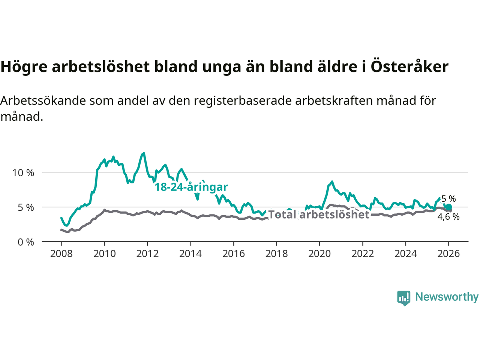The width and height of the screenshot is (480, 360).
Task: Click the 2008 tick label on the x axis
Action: point(61,254)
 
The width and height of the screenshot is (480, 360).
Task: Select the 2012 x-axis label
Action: point(147,254)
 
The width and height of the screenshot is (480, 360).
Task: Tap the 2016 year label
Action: point(233,254)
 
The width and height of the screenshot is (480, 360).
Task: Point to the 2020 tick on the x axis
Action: point(319,254)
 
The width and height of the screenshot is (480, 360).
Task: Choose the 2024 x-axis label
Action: point(405,254)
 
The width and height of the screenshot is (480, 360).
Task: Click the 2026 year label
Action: point(448,254)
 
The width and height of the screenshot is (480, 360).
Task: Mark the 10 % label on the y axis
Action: point(23,173)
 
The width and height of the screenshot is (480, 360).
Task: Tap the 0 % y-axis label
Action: point(26,242)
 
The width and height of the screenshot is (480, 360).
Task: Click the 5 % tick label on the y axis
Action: point(26,207)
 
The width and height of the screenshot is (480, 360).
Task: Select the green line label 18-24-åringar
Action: point(191,187)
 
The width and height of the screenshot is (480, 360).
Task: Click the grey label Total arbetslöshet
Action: point(319,214)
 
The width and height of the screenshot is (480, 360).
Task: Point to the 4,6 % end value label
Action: point(448,217)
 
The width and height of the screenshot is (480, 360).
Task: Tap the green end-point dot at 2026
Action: point(448,207)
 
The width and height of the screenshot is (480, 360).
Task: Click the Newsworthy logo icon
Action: point(404,298)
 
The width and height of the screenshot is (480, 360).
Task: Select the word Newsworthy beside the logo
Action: point(447,297)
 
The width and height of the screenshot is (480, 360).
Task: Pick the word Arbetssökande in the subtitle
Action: point(43,100)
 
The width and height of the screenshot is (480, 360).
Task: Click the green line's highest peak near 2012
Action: point(144,153)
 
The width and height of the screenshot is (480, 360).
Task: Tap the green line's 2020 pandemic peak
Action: point(332,182)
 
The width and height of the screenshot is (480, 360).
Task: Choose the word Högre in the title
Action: point(24,67)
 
